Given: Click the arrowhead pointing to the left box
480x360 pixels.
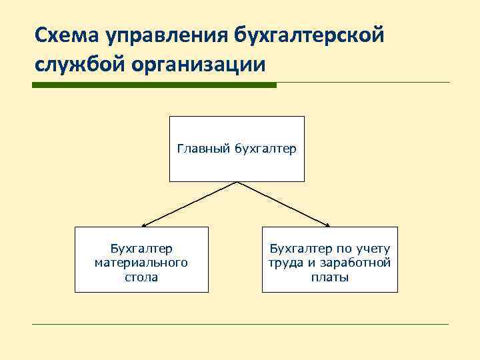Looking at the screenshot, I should coord(145,225).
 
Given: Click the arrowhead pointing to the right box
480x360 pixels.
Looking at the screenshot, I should coord(327,225).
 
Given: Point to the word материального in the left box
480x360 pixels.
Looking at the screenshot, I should coord(141,263).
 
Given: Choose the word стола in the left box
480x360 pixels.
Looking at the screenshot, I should coord(141,277).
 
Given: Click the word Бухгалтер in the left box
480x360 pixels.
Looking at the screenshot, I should coord(141,249).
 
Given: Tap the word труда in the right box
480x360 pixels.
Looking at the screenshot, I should coord(285,263).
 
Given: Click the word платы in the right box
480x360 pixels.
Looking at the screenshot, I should coord(329,277).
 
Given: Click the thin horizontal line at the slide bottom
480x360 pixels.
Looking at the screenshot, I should coord(240,325).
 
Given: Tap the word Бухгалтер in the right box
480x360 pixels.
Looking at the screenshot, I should coord(297,249).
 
